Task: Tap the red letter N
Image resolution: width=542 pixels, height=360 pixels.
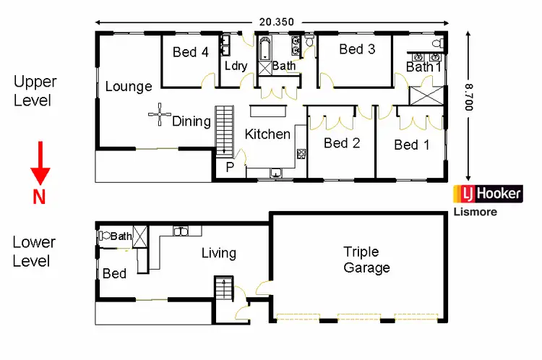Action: [39, 197]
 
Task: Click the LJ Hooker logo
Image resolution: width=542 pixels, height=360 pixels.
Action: [487, 194]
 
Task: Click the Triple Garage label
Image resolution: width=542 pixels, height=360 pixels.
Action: [366, 260]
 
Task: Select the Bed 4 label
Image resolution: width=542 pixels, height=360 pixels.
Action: [190, 52]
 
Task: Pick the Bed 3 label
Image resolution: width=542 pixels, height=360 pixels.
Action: [357, 49]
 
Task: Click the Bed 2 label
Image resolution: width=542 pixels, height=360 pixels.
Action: [342, 142]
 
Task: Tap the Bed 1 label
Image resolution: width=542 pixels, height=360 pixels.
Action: [412, 145]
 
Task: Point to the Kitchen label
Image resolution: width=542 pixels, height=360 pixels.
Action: [267, 134]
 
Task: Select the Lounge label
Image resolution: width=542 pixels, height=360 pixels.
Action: [129, 87]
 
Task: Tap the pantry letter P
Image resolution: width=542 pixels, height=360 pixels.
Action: [231, 166]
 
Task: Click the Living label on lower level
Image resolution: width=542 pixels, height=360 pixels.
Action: [218, 253]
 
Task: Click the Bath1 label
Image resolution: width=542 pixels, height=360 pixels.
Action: [423, 67]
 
